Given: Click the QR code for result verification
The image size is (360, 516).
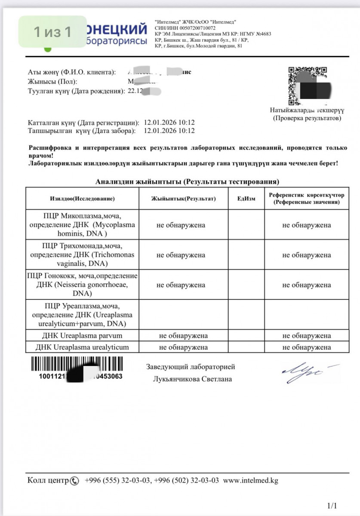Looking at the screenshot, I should point(309,86).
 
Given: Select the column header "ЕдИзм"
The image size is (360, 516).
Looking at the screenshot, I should point(246,199).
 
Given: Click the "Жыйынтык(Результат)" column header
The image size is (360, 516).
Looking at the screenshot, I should point(183,199).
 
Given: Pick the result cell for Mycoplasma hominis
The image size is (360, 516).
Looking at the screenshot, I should point(181,225).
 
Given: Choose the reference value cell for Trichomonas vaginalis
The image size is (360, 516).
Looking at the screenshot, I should point(306,255).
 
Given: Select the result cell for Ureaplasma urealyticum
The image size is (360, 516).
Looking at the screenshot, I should point(183,347).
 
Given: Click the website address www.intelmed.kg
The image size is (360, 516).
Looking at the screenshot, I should point(251,480).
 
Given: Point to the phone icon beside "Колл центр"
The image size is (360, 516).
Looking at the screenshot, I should point(75,481).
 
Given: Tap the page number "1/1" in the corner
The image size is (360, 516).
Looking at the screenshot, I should point(332,506).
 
